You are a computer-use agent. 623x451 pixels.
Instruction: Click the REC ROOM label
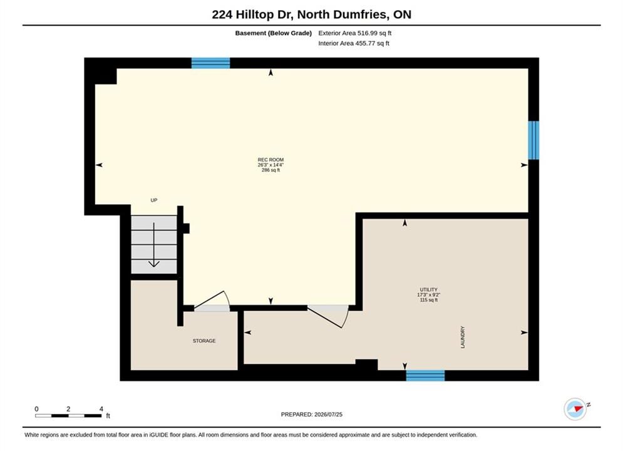pyautogui.click(x=270, y=160)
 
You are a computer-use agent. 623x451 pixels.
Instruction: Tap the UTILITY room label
pyautogui.click(x=429, y=289)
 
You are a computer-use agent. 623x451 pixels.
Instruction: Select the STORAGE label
pyautogui.click(x=204, y=341)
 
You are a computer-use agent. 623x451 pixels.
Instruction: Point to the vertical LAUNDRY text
pyautogui.click(x=463, y=338)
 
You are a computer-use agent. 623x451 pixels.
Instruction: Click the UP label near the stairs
pyautogui.click(x=154, y=200)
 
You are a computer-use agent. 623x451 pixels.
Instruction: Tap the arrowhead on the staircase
pyautogui.click(x=154, y=264)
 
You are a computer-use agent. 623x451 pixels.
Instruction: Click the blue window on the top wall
pyautogui.click(x=210, y=63)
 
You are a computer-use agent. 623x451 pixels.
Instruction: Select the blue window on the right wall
pyautogui.click(x=533, y=140)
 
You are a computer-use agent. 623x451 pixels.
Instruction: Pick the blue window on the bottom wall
pyautogui.click(x=425, y=375)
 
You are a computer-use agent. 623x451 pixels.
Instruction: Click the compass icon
pyautogui.click(x=575, y=409)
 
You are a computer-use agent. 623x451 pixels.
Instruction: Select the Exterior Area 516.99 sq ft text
pyautogui.click(x=355, y=33)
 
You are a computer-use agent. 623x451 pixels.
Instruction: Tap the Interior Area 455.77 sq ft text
pyautogui.click(x=354, y=43)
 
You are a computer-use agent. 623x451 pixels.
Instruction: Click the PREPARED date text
pyautogui.click(x=312, y=415)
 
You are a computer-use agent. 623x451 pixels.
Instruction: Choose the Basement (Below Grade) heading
pyautogui.click(x=274, y=33)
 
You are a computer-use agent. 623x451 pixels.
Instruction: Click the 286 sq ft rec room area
pyautogui.click(x=270, y=170)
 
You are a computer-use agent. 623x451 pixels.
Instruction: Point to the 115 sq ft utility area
pyautogui.click(x=429, y=300)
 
